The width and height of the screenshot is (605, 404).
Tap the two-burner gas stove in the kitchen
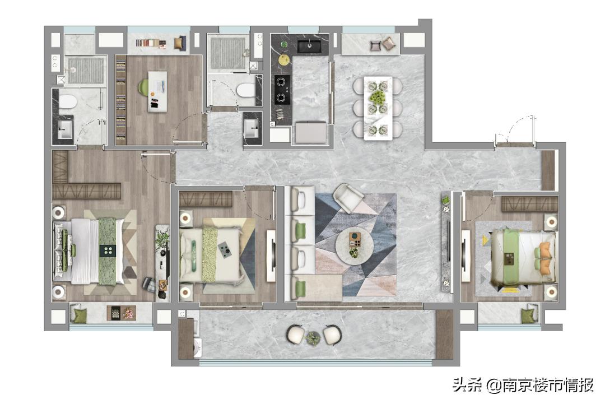point(282,90)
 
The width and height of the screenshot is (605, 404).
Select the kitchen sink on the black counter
point(310,46)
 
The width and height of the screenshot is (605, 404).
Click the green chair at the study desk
point(143,87)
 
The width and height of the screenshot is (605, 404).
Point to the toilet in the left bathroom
point(68,102)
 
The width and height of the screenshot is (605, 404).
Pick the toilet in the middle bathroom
point(246,91)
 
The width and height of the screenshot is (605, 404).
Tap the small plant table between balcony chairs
point(313,338)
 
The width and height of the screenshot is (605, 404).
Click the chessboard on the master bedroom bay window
point(114,313)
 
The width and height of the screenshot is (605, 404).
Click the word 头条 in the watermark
point(468,385)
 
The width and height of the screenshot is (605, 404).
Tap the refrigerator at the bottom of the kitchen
point(311,132)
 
